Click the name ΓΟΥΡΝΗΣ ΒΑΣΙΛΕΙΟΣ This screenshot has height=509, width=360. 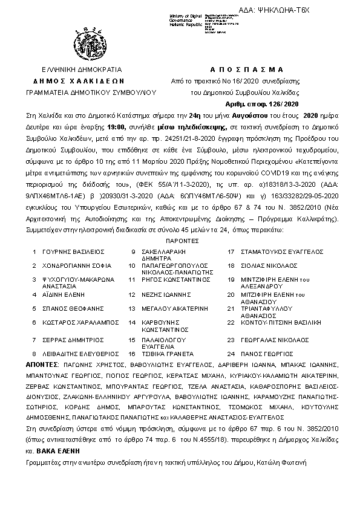point(70,251)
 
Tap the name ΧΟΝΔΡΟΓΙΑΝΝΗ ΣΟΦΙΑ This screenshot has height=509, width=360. point(73,265)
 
